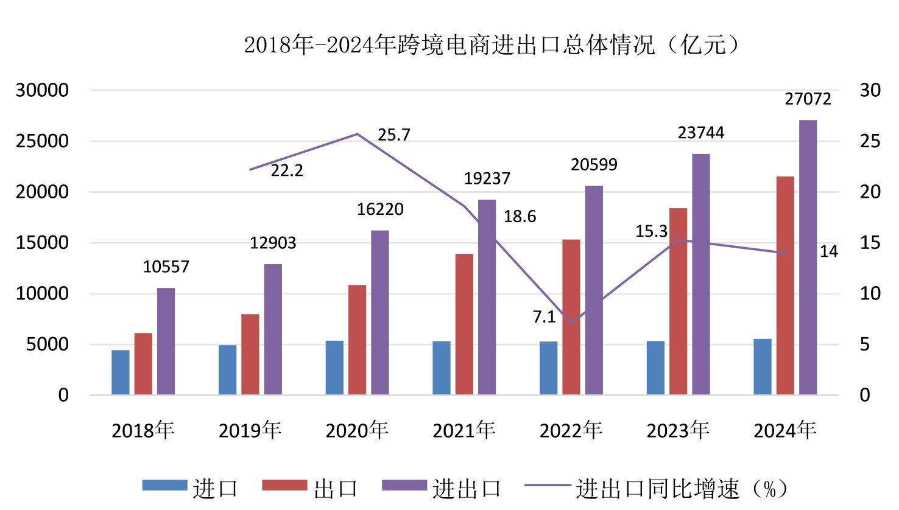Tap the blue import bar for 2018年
tap(121, 372)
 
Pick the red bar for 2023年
tap(678, 301)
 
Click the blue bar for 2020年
tap(334, 368)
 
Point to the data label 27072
tap(808, 99)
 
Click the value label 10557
tap(166, 267)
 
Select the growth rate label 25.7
tap(393, 134)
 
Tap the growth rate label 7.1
tap(544, 316)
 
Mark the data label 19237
tap(487, 178)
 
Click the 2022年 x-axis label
tap(571, 430)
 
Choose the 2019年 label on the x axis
tap(250, 430)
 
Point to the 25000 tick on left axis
tap(42, 141)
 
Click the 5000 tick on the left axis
tap(48, 344)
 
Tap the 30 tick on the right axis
tap(870, 90)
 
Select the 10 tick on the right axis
tap(870, 293)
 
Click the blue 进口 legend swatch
tap(164, 485)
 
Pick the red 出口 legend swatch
tap(284, 485)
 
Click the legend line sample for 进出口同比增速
tap(547, 486)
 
